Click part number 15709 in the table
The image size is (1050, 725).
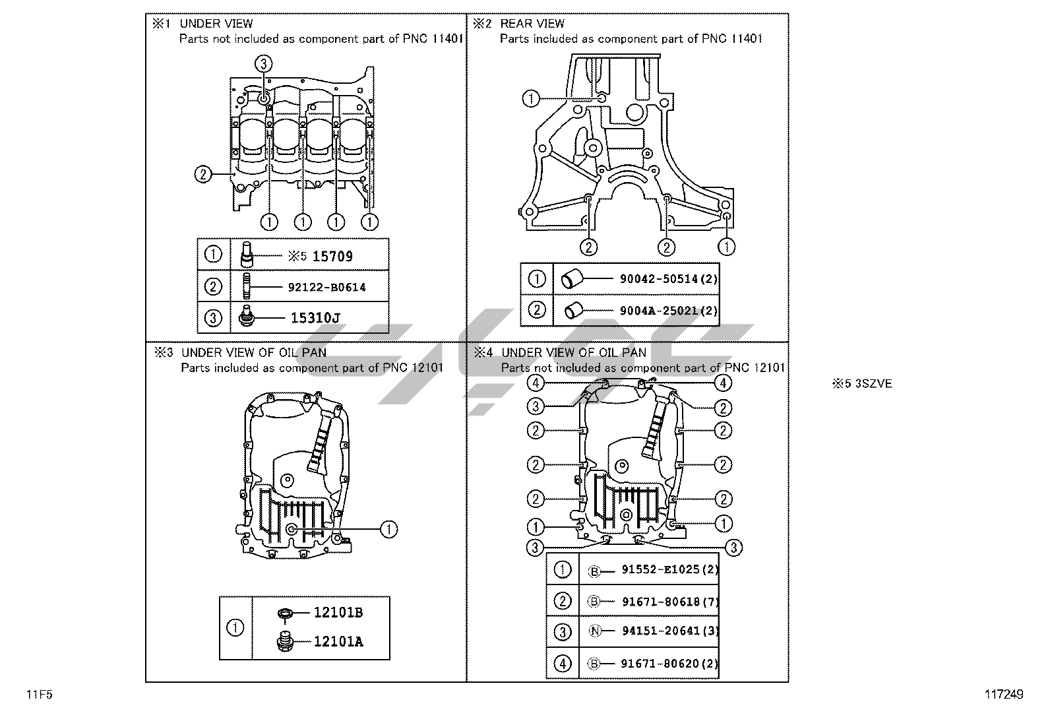332,257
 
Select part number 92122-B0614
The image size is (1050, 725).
326,288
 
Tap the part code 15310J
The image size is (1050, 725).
315,318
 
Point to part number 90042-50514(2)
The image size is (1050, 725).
668,279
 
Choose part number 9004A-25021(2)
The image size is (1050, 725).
668,310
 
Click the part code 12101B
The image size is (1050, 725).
338,613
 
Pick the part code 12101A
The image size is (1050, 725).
338,641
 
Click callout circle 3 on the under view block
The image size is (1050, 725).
263,63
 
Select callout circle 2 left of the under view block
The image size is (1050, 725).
203,174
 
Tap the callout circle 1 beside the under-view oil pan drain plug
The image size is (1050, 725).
388,528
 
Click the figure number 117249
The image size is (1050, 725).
1004,695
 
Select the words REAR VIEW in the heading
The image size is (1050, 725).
532,24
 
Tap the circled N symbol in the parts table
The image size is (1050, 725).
594,631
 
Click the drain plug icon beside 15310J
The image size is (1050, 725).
247,318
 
